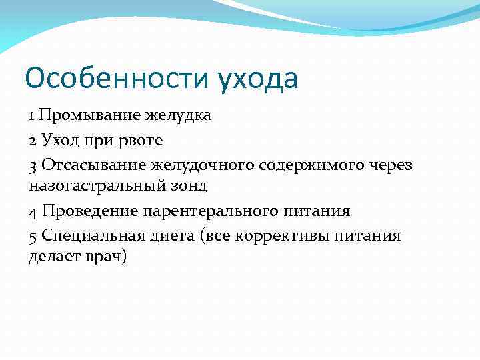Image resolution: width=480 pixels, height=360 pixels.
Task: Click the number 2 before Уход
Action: [x=33, y=140]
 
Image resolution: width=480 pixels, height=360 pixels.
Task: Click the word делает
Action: [x=53, y=257]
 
